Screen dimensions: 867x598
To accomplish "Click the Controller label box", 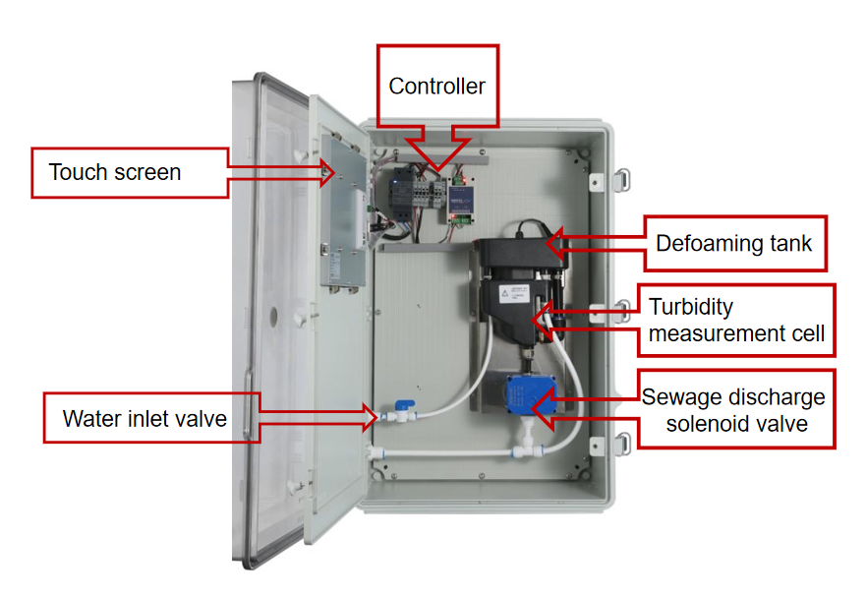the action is coord(438,86).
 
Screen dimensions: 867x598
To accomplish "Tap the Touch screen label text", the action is coord(114,172).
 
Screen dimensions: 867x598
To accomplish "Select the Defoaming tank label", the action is coord(735,243).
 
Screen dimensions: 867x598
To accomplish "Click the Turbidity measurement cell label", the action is coord(736,321).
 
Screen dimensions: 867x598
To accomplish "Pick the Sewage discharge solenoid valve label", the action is coord(736,409).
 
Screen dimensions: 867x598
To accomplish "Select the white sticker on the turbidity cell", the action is coord(514,294).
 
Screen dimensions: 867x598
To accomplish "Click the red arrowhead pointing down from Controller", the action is coord(438,153).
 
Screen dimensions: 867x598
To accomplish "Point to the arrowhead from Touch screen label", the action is coord(327,173).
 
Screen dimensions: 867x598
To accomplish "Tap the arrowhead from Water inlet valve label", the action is coord(372,417).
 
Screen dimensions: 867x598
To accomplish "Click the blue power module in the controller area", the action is coord(460,200).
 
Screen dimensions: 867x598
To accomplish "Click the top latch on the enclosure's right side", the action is coord(622,180).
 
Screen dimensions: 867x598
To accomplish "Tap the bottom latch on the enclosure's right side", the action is coord(622,445).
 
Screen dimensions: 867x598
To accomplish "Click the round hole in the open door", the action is coord(273,317).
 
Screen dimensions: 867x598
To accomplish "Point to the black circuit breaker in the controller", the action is coord(400,194).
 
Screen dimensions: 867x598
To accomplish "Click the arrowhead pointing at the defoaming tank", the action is coord(554,242).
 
